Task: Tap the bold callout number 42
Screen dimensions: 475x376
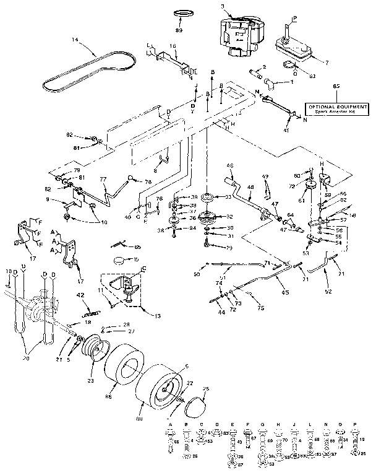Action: [79, 295]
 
